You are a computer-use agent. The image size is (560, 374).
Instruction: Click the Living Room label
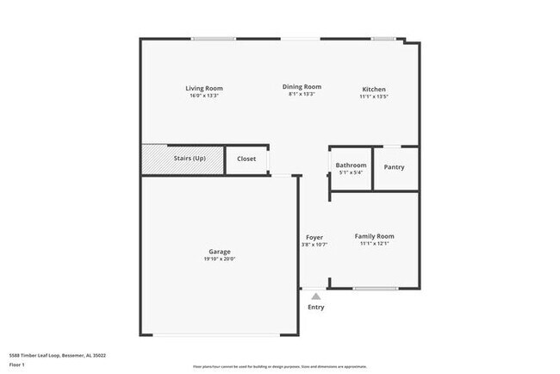click(x=204, y=88)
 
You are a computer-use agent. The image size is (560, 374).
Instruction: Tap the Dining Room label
click(x=302, y=86)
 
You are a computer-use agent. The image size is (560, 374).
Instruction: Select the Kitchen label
click(x=373, y=90)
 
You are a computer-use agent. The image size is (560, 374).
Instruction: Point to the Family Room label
click(x=374, y=236)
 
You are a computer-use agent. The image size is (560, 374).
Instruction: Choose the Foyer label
click(x=314, y=237)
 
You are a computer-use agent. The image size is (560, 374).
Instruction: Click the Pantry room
click(x=394, y=167)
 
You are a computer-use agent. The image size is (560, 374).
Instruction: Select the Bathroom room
click(x=351, y=165)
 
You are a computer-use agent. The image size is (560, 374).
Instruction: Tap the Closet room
click(x=246, y=159)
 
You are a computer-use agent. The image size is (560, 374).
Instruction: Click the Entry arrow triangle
click(x=315, y=296)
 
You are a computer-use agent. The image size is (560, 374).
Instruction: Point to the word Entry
click(x=316, y=308)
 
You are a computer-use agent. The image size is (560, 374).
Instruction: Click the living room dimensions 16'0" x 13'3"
click(x=204, y=95)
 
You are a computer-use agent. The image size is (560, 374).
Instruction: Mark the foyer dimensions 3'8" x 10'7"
click(x=315, y=245)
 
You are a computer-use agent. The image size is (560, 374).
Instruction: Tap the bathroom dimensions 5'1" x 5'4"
click(x=351, y=172)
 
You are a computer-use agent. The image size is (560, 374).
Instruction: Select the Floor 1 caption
click(x=17, y=364)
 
